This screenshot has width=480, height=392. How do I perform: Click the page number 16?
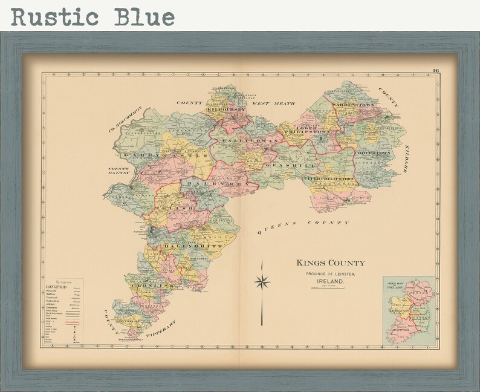coord(435,71)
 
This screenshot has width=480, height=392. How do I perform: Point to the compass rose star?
coord(262,281)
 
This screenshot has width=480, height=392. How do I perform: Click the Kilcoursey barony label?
coord(227,109)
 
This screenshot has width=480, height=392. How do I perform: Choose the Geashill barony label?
coord(282,164)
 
